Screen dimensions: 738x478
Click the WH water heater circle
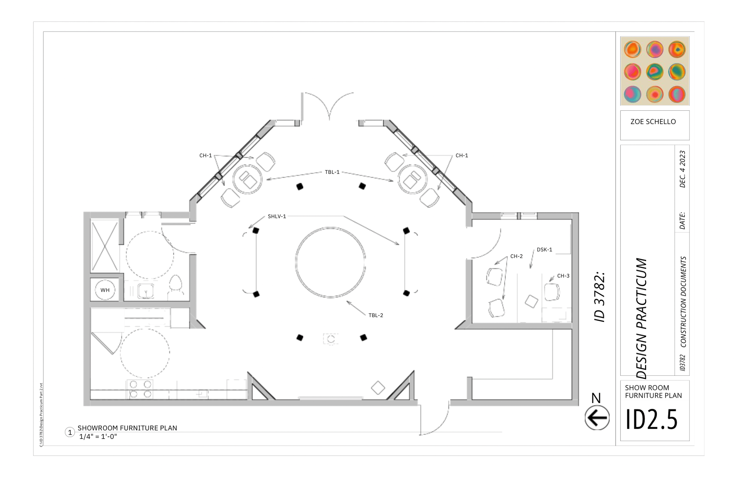105,290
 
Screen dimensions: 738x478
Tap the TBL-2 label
376,315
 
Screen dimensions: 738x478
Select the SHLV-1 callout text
277,217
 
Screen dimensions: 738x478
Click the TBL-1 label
332,172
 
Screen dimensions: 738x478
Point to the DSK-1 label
544,250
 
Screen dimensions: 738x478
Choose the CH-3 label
563,276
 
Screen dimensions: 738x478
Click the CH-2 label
516,256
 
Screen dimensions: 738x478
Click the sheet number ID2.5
652,419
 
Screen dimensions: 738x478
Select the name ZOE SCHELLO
653,122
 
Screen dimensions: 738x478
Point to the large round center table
330,262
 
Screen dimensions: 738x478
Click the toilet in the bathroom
176,285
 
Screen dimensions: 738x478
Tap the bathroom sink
146,291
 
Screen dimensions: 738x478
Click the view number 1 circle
70,432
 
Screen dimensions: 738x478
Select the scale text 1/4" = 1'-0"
98,436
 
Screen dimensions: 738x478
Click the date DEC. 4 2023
682,169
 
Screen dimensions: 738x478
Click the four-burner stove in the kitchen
140,389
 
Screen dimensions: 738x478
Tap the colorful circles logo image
655,71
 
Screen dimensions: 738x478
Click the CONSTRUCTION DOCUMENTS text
683,302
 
